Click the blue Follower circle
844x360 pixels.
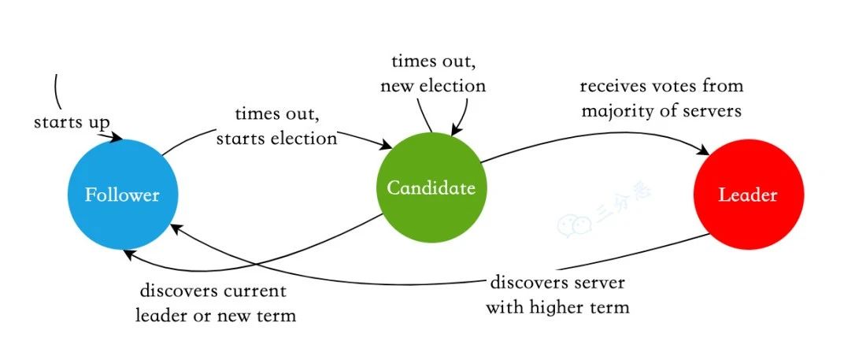[122, 195]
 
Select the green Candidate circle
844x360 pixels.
[431, 188]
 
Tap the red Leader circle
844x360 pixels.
[748, 195]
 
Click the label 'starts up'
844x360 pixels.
[72, 124]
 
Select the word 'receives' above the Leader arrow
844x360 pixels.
[611, 85]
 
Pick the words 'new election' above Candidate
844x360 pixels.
[433, 85]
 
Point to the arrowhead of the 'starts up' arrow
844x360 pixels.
[118, 139]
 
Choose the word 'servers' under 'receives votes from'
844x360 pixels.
[713, 111]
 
